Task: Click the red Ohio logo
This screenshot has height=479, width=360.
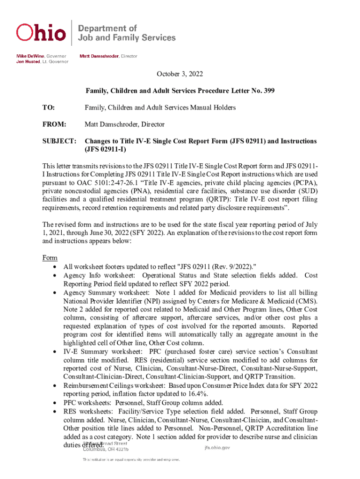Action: pos(41,32)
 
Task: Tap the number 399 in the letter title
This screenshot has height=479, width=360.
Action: pos(268,90)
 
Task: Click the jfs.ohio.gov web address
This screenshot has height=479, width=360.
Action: pos(217,448)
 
